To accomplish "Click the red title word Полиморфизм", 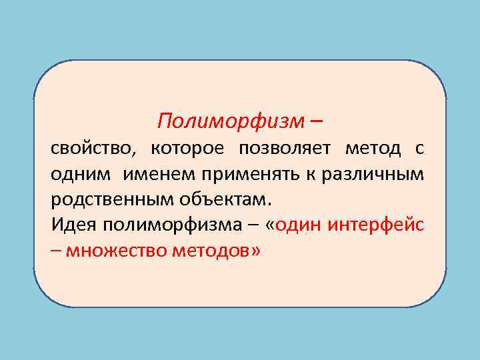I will (231, 121).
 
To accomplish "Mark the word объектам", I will (222, 199).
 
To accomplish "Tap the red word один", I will (298, 225).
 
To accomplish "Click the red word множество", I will (111, 251).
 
